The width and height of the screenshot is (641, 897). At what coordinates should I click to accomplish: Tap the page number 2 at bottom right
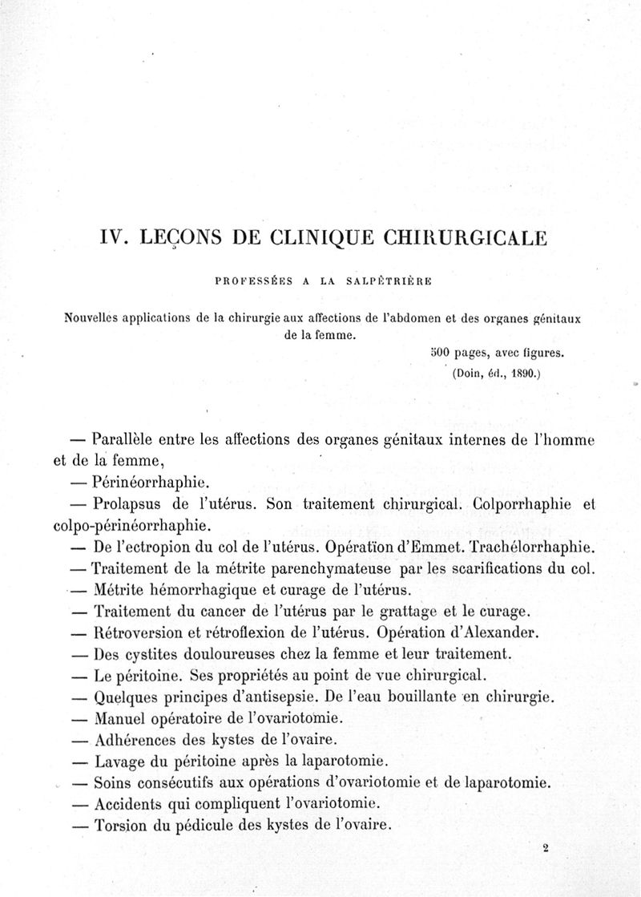pyautogui.click(x=544, y=846)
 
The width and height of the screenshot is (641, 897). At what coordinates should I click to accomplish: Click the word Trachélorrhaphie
pyautogui.click(x=530, y=548)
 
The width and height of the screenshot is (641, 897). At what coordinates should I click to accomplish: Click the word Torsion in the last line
pyautogui.click(x=121, y=825)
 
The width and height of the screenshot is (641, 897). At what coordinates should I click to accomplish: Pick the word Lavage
pyautogui.click(x=121, y=761)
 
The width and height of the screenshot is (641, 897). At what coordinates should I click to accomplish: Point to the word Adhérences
pyautogui.click(x=135, y=738)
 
